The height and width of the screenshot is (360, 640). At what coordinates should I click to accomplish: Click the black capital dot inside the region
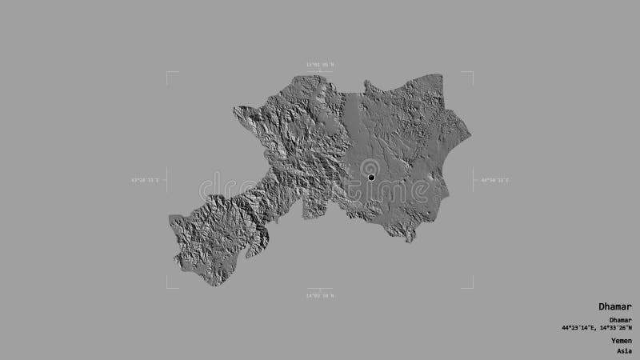coord(371,177)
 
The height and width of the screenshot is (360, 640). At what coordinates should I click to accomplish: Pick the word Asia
coord(624,350)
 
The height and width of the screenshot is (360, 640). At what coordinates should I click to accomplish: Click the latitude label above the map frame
coord(319,65)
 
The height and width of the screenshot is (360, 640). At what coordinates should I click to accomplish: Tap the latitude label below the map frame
coord(320,295)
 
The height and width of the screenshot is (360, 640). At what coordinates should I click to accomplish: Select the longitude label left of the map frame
coord(145,181)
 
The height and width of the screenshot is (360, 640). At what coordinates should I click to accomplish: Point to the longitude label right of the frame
coord(494,181)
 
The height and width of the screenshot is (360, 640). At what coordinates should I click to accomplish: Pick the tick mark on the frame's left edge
coord(168,181)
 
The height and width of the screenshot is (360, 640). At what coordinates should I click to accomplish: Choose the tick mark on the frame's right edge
coord(472,181)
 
